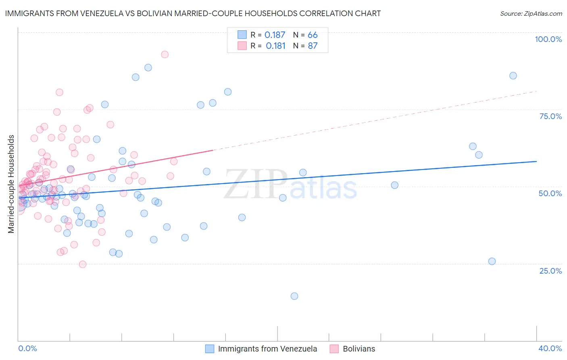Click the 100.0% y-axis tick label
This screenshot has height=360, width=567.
pyautogui.click(x=548, y=39)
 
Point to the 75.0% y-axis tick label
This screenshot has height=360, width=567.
pyautogui.click(x=550, y=116)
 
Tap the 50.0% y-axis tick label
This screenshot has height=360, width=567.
pyautogui.click(x=550, y=193)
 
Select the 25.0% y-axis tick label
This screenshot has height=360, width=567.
pyautogui.click(x=550, y=270)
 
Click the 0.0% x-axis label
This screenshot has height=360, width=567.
pyautogui.click(x=27, y=348)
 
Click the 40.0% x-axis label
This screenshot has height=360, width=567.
pyautogui.click(x=550, y=348)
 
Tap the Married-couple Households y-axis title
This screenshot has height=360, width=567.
pyautogui.click(x=11, y=184)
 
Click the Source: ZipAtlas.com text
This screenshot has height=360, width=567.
pyautogui.click(x=531, y=14)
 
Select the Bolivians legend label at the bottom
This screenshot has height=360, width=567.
pyautogui.click(x=359, y=349)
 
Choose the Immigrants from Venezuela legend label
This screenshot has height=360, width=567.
pyautogui.click(x=267, y=349)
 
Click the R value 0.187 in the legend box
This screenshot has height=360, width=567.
pyautogui.click(x=275, y=35)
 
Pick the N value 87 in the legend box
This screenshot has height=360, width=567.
pyautogui.click(x=313, y=46)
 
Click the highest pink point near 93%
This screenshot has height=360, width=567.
pyautogui.click(x=165, y=54)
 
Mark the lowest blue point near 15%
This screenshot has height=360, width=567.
pyautogui.click(x=294, y=296)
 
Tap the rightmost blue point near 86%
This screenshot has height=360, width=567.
pyautogui.click(x=513, y=76)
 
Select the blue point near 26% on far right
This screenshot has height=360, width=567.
pyautogui.click(x=492, y=262)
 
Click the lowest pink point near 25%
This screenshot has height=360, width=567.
pyautogui.click(x=83, y=264)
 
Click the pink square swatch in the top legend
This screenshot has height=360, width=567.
pyautogui.click(x=242, y=46)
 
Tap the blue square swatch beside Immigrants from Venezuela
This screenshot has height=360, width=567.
pyautogui.click(x=210, y=349)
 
